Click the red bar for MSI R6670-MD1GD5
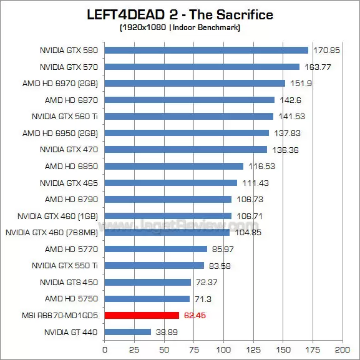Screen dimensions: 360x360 click(x=142, y=316)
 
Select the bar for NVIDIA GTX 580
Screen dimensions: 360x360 click(x=206, y=50)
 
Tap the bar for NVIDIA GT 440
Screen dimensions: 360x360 click(x=127, y=332)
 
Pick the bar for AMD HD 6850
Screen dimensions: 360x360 click(x=173, y=166)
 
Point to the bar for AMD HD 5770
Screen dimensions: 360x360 click(x=155, y=249)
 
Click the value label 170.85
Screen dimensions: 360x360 click(x=324, y=50)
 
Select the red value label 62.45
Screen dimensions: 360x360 click(x=194, y=316)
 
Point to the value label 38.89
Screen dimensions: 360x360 click(x=165, y=332)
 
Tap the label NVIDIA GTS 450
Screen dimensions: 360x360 click(x=69, y=282)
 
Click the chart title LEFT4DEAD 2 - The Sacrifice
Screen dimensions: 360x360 click(x=180, y=14)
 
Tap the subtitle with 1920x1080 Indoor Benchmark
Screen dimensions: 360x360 click(x=180, y=28)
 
